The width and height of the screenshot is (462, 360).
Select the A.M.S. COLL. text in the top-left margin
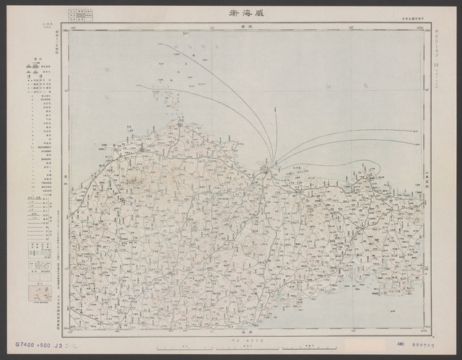tap(26, 27)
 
